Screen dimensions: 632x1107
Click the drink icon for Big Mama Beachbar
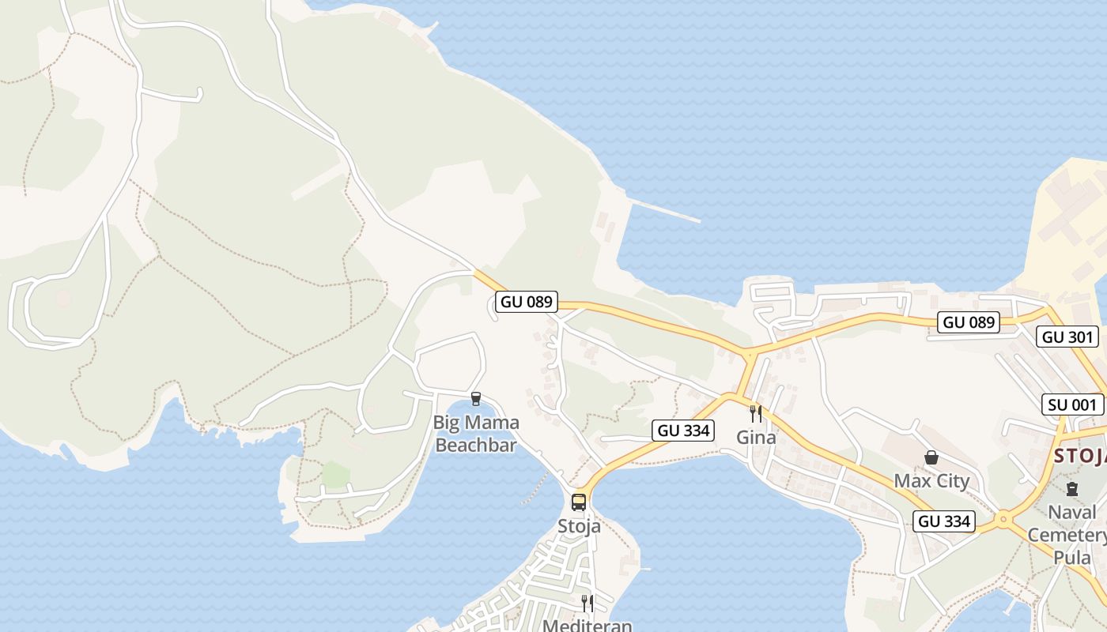[x=475, y=399]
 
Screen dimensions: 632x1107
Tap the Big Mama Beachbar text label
[x=476, y=434]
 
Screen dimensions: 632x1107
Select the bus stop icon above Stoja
[x=579, y=502]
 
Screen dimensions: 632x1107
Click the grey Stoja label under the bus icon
[x=579, y=526]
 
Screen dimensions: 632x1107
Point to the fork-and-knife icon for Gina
[x=755, y=413]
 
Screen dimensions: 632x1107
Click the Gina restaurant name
[x=756, y=437]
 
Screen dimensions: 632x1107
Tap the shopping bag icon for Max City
[x=931, y=457]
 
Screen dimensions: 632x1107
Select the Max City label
[x=931, y=480]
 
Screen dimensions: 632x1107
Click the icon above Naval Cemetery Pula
[x=1071, y=489]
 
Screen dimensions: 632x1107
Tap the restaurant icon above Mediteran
[x=588, y=604]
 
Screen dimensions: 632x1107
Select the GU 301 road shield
[x=1067, y=337]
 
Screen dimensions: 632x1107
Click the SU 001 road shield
[x=1071, y=405]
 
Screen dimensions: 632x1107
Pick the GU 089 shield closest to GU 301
[x=969, y=322]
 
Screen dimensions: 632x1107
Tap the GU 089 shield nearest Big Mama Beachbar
[x=527, y=302]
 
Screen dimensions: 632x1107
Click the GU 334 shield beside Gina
[x=683, y=431]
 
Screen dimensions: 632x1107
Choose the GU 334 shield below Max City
[x=944, y=521]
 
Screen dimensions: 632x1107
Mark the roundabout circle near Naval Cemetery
[x=1003, y=519]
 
